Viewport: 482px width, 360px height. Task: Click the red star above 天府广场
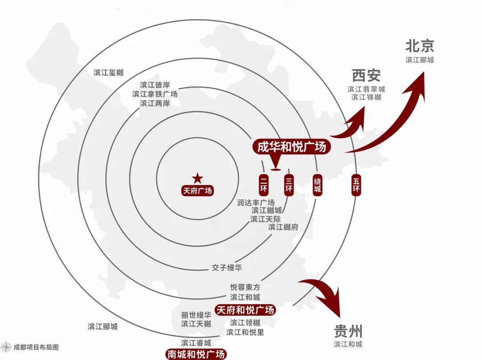click(x=197, y=178)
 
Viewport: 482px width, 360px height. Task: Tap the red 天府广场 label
click(x=197, y=191)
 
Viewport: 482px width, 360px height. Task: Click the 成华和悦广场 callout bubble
click(x=291, y=147)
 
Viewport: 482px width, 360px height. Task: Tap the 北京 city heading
click(x=420, y=46)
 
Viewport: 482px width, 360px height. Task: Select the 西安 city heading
click(x=366, y=75)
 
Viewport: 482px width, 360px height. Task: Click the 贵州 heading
click(x=348, y=331)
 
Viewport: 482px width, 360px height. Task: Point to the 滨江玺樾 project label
click(x=108, y=73)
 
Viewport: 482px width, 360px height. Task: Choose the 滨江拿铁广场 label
click(x=155, y=94)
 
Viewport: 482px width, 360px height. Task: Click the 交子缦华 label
click(x=227, y=268)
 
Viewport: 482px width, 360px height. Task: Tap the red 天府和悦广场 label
click(x=245, y=310)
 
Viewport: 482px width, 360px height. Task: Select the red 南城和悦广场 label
click(x=196, y=354)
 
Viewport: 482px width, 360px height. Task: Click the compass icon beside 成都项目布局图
click(x=6, y=347)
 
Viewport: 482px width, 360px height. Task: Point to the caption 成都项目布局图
click(x=36, y=348)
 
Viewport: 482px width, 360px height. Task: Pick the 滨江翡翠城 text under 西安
click(x=366, y=89)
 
